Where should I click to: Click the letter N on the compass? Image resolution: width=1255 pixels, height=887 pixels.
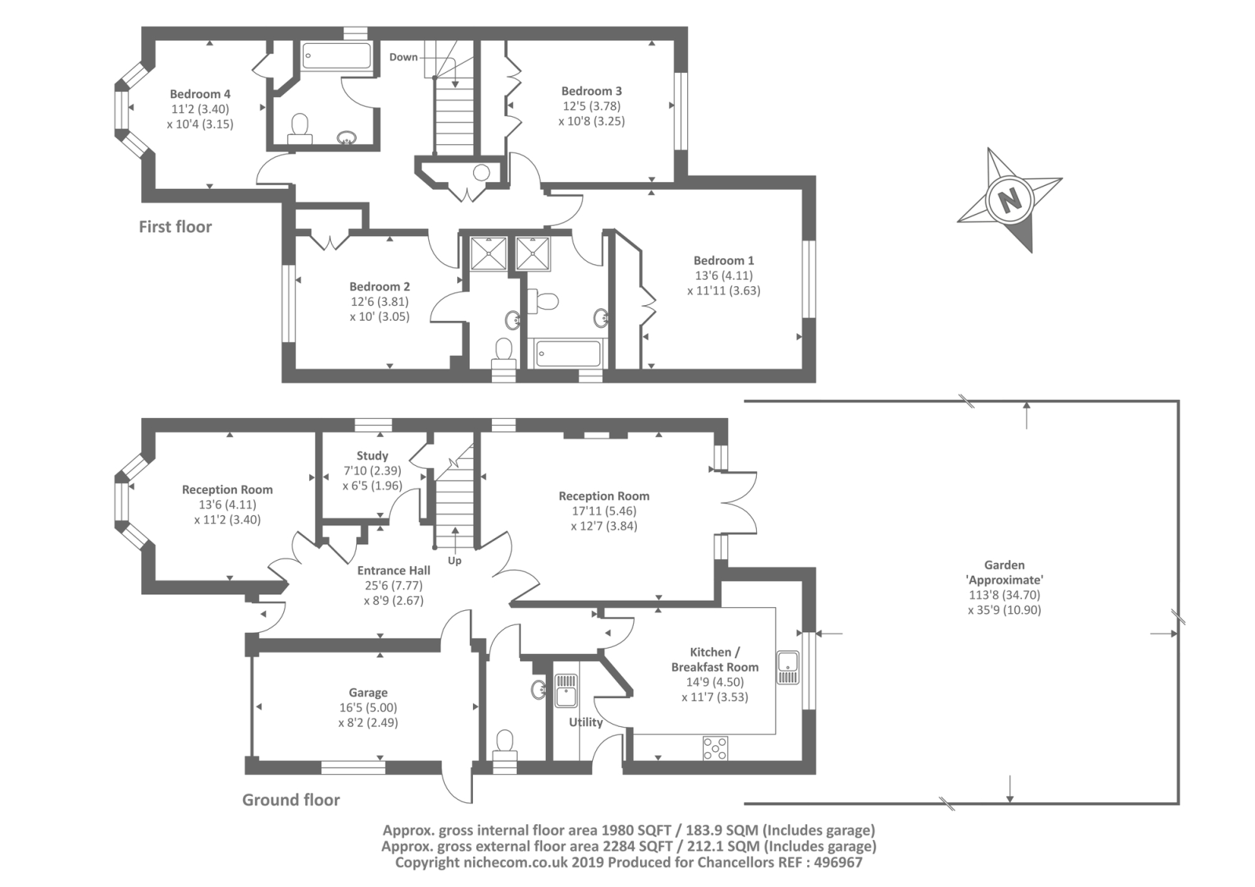(x=1009, y=199)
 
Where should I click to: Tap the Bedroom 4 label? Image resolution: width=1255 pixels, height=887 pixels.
(x=200, y=94)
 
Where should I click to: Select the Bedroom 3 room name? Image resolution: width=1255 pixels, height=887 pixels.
(x=591, y=91)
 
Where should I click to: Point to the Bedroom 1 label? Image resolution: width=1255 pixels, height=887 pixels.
(x=723, y=260)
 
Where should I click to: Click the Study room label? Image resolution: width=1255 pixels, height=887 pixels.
(x=372, y=456)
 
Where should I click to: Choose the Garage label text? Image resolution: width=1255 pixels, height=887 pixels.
(x=368, y=693)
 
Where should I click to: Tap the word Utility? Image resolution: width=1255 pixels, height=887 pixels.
(x=585, y=722)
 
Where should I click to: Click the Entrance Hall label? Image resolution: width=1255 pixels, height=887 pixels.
(x=393, y=570)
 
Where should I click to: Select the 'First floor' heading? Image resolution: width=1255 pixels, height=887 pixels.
(x=176, y=227)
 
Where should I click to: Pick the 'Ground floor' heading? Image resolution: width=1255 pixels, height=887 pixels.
(x=291, y=800)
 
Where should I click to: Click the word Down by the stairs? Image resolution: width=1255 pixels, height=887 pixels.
(x=403, y=57)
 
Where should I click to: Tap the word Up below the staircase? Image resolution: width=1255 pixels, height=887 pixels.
(x=454, y=561)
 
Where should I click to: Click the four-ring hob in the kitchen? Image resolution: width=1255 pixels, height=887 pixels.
(x=715, y=749)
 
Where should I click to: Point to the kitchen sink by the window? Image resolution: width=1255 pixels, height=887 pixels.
(x=788, y=668)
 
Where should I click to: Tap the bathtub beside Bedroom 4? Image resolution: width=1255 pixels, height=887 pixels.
(x=336, y=56)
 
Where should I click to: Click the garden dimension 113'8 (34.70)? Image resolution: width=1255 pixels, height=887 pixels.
(x=1004, y=595)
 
